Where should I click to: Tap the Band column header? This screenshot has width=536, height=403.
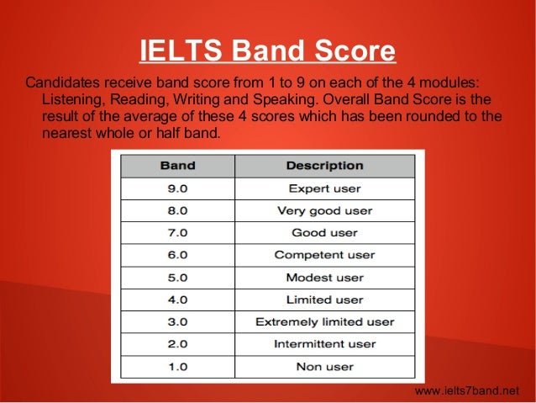tap(177, 166)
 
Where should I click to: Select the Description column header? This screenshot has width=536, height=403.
tap(324, 166)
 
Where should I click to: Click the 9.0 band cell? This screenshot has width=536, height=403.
tap(177, 188)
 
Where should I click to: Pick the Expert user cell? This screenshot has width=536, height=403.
tap(324, 188)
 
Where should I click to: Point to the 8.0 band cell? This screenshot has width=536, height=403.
tap(177, 210)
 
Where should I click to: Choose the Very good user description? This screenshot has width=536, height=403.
tap(324, 210)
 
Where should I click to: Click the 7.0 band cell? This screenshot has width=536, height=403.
tap(177, 233)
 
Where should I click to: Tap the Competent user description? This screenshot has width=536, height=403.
tap(324, 255)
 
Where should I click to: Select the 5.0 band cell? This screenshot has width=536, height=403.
tap(177, 278)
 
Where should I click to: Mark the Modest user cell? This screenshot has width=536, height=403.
tap(324, 278)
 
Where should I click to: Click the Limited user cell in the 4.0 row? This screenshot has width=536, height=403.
tap(324, 300)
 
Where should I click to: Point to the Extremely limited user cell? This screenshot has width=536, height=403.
tap(324, 322)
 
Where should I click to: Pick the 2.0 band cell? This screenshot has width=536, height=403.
tap(177, 344)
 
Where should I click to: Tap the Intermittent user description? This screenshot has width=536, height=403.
tap(324, 344)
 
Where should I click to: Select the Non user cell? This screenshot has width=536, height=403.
tap(324, 367)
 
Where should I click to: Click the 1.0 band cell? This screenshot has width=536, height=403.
tap(177, 367)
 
